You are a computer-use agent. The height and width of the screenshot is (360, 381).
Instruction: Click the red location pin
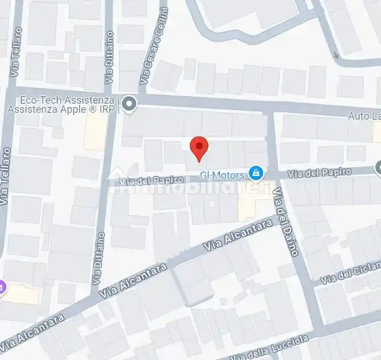click(199, 148)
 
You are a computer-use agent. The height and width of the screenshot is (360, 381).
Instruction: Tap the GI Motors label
click(222, 175)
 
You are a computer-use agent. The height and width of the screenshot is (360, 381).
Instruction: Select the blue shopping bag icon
click(257, 173)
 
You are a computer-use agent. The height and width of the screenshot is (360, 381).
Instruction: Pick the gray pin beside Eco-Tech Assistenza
click(130, 104)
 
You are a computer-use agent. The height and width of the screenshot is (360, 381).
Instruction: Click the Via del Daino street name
click(285, 222)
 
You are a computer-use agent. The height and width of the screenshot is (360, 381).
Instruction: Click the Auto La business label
click(364, 116)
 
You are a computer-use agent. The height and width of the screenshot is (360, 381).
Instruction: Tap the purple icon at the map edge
click(2, 287)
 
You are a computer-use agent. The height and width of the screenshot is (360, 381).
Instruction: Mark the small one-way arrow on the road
click(336, 56)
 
